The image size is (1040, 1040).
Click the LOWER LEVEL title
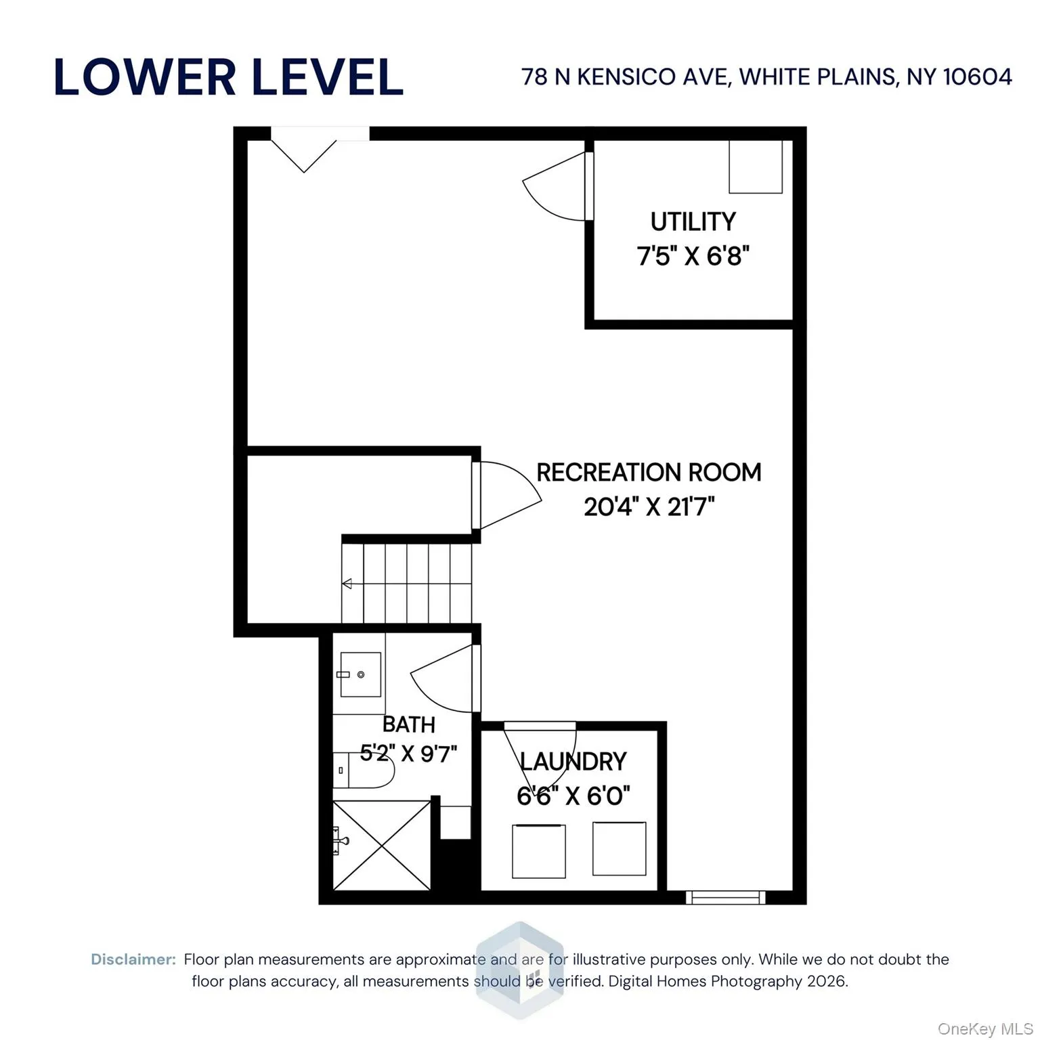click(228, 77)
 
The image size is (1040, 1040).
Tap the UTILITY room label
click(693, 222)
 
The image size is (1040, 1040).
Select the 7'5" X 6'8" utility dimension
click(693, 257)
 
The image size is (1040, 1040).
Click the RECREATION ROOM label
click(648, 473)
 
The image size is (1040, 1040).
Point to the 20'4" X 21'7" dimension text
click(649, 506)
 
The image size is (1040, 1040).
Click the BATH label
click(408, 724)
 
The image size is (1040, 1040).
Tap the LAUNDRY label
click(573, 762)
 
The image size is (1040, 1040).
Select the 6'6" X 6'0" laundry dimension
click(573, 796)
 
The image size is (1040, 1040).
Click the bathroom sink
click(360, 674)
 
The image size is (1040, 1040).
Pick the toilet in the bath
click(364, 771)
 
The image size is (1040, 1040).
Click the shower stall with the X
click(382, 845)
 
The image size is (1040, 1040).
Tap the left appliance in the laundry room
click(539, 851)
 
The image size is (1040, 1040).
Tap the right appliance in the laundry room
click(619, 848)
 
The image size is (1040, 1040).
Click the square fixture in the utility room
click(755, 167)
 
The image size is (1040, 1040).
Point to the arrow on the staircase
click(347, 584)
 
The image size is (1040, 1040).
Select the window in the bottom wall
click(725, 897)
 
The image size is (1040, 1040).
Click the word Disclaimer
click(133, 959)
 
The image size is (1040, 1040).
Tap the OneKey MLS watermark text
click(984, 1029)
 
